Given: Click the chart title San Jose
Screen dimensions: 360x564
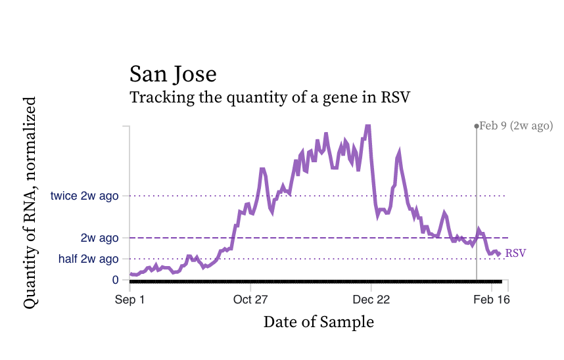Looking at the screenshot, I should coord(172,74).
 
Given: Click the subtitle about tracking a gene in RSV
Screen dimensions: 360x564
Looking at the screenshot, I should coord(270,98).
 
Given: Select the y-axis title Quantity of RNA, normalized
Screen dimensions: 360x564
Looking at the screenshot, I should coord(30,202).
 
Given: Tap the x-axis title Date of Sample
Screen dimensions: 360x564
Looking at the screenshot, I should coord(318,322).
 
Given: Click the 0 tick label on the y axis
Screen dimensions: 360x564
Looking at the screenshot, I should coord(116,280).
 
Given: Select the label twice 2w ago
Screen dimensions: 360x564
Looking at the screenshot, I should coord(85,196).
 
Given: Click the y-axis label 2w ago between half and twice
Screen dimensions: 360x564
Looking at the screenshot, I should coord(99,238).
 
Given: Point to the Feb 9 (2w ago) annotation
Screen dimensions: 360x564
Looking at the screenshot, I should coord(515,125).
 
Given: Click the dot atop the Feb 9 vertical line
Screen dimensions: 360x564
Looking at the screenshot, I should coord(477,125).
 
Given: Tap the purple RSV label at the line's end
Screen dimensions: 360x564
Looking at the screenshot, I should coord(515,253).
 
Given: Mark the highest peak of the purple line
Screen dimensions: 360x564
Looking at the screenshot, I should coord(368,125).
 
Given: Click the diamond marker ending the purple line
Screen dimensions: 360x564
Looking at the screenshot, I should coord(499,254).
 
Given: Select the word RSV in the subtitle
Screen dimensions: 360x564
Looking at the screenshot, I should coord(396,98).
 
